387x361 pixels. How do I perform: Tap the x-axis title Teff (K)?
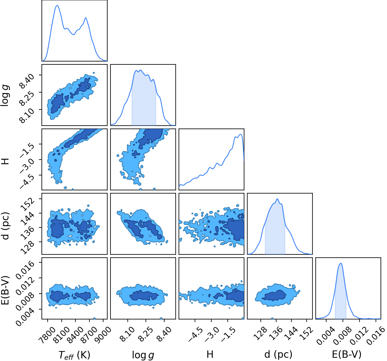74,355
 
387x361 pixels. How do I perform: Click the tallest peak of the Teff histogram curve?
57,6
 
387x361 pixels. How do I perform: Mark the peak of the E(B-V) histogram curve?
341,263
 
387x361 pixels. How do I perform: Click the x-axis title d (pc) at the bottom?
278,354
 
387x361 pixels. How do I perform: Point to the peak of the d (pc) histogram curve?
277,199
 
